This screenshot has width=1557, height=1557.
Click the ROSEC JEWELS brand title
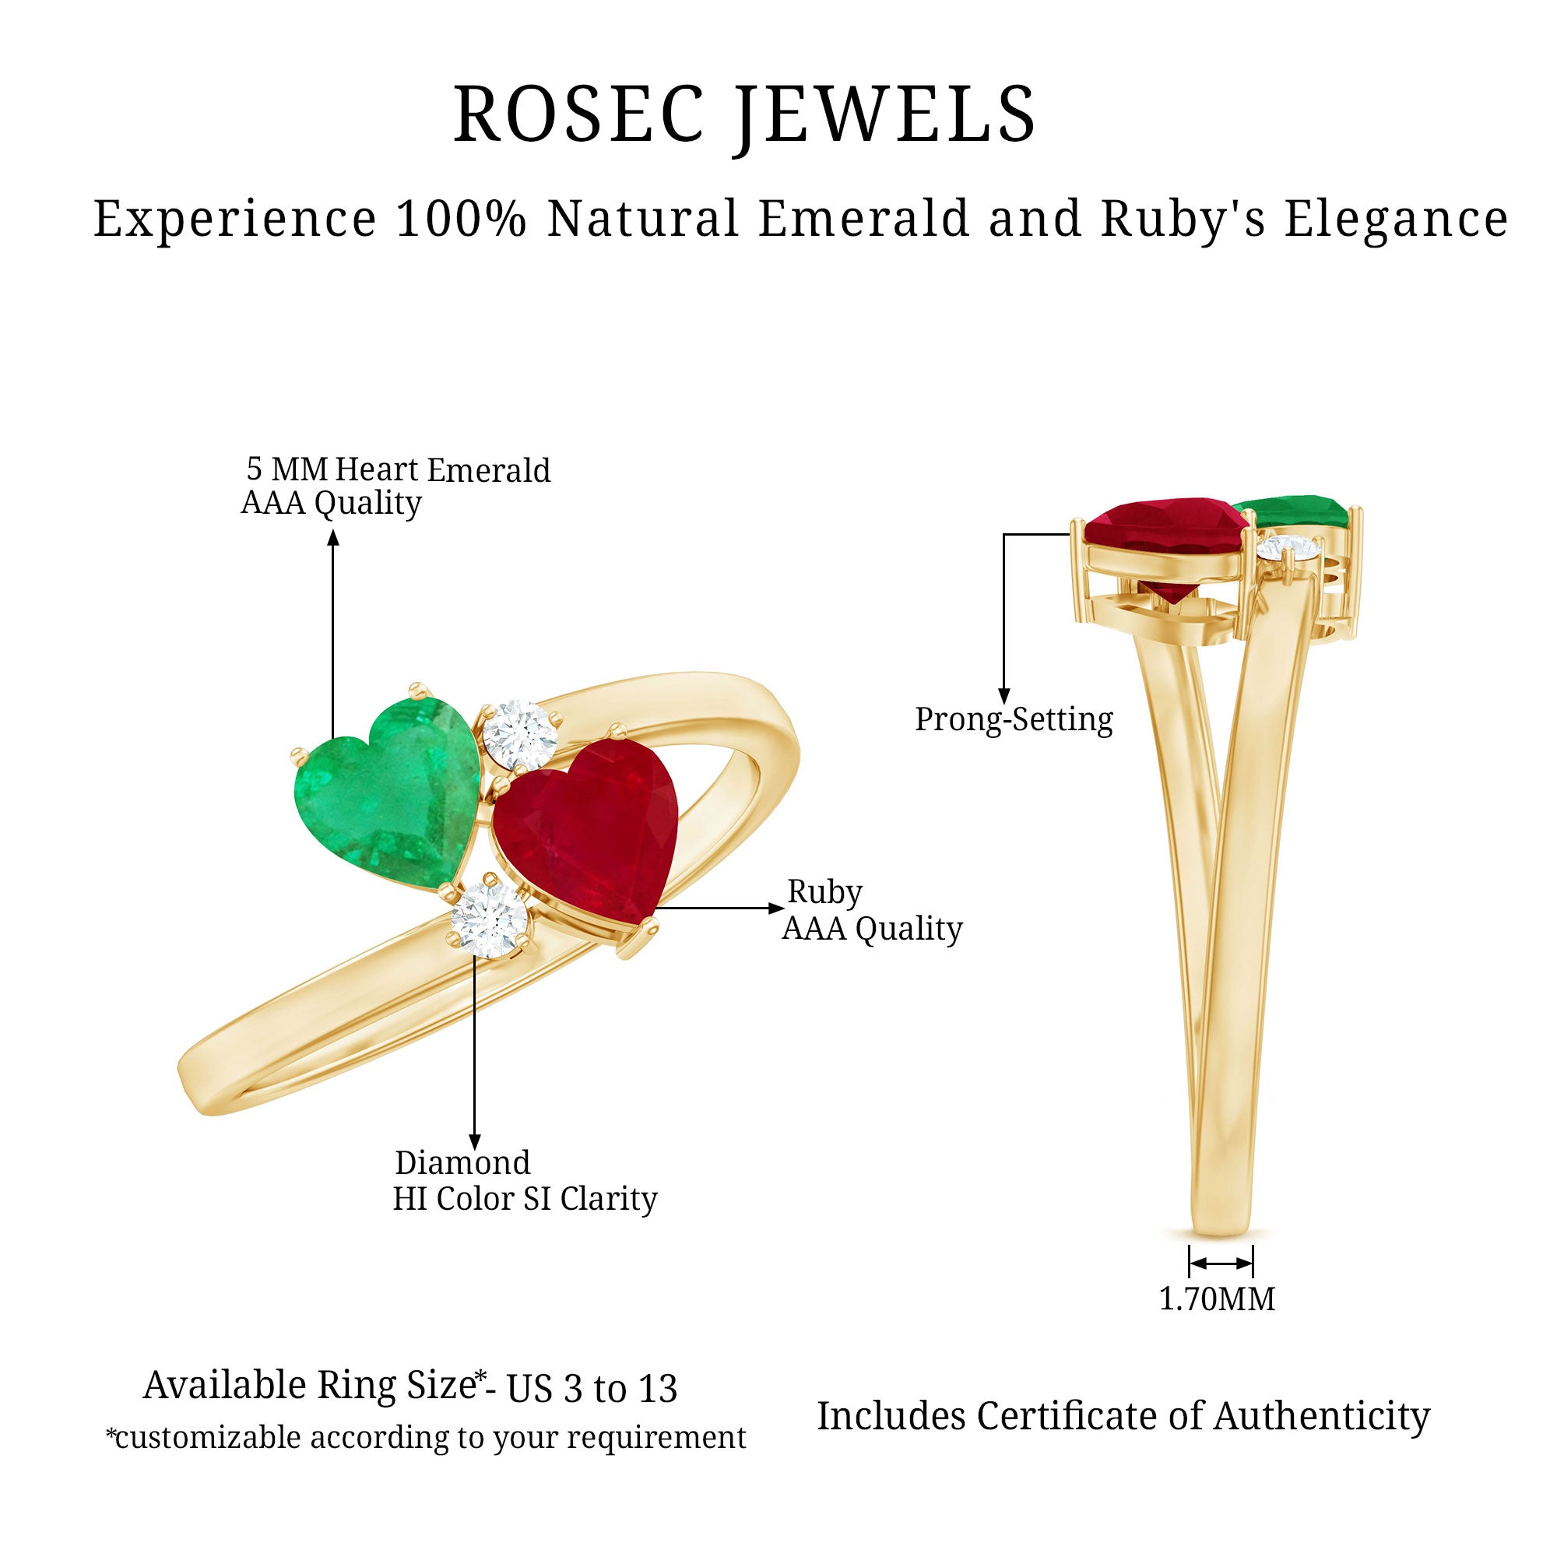745,114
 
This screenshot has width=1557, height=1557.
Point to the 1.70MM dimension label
1217,1299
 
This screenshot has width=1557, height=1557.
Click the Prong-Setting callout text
1013,719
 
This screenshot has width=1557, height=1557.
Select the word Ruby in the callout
824,891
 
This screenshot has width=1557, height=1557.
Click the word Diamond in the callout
462,1162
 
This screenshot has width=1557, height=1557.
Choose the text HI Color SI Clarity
525,1198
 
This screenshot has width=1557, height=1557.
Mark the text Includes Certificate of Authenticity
1123,1416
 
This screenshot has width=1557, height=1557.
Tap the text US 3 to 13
592,1388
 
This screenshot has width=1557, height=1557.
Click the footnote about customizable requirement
427,1438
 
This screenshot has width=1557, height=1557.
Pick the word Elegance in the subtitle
1396,219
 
